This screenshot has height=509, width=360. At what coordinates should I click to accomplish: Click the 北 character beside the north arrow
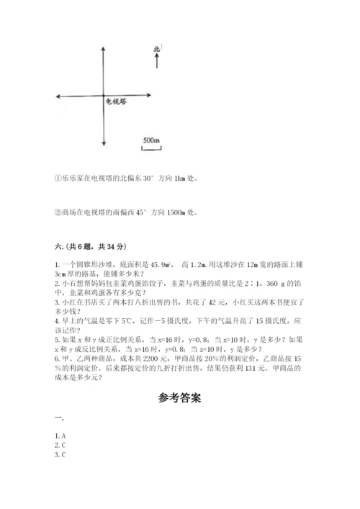(156, 50)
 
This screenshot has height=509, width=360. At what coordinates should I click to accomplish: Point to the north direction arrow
(156, 62)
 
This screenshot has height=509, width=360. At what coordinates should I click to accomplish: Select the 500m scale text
(150, 139)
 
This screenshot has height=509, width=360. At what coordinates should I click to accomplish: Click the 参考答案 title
(179, 397)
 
